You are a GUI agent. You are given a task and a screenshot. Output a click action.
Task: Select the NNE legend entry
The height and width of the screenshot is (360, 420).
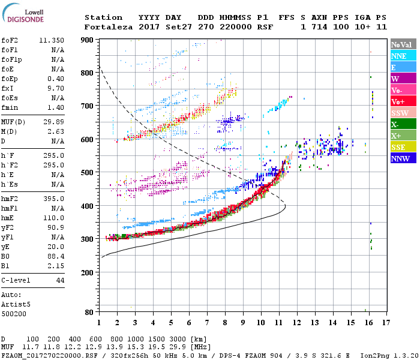pyautogui.click(x=399, y=56)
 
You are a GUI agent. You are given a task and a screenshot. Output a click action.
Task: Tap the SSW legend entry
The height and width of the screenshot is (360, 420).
pyautogui.click(x=400, y=113)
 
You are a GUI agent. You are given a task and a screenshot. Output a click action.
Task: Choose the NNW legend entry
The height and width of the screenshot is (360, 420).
pyautogui.click(x=400, y=159)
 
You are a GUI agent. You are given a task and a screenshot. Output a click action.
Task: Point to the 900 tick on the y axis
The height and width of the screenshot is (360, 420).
pyautogui.click(x=88, y=40)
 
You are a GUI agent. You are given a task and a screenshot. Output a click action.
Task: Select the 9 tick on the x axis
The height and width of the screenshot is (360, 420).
pyautogui.click(x=243, y=322)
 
